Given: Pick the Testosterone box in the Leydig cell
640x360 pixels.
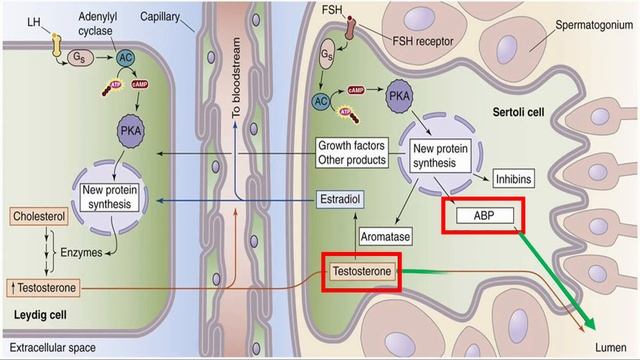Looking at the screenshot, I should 39,288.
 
